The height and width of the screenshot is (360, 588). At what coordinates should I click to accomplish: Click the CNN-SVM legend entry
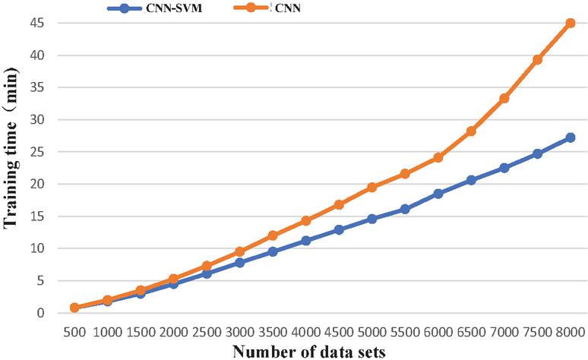point(154,8)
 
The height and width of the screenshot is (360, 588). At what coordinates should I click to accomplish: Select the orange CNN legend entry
point(267,8)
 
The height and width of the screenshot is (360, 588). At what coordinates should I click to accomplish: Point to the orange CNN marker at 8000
point(571,23)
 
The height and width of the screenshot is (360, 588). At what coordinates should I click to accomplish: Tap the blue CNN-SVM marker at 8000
point(571,137)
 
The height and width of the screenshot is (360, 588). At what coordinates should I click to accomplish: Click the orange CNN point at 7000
point(504,98)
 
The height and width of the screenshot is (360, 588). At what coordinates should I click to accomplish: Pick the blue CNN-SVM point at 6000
point(438,194)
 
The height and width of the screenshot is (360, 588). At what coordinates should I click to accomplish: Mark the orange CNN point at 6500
point(471,131)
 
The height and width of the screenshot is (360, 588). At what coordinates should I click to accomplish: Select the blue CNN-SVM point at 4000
point(305,240)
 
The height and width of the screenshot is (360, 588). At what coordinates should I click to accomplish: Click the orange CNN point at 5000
point(372,187)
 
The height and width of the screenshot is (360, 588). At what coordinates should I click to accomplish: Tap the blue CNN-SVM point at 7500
point(537,153)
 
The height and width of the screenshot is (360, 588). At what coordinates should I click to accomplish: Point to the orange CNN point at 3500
point(273,235)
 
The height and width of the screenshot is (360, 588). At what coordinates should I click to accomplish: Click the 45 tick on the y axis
point(36,24)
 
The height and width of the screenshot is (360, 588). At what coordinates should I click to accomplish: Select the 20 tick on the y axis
point(36,184)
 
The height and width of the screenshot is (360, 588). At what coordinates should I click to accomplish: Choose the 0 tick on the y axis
point(40,313)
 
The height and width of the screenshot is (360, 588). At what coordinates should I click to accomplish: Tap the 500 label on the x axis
point(74,332)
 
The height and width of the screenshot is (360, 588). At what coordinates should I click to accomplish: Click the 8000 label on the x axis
point(570,332)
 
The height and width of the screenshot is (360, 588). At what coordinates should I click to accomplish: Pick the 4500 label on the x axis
point(339,332)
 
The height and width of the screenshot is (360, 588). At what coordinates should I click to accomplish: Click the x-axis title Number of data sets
point(308,352)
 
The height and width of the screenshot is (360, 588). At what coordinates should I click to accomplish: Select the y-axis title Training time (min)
point(11,148)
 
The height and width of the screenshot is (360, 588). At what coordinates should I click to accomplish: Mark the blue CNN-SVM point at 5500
point(405,209)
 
